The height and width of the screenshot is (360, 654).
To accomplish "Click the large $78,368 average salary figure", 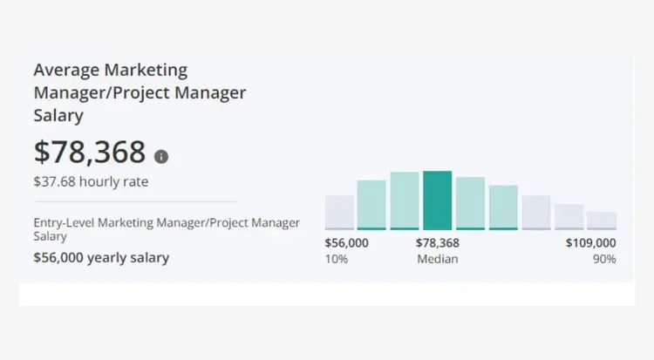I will (89, 152).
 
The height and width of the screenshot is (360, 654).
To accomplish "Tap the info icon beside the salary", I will (161, 157).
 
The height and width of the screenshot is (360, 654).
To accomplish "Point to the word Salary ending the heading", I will (58, 114).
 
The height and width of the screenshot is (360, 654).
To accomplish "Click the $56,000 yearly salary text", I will (101, 257).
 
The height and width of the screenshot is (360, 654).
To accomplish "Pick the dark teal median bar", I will (437, 200).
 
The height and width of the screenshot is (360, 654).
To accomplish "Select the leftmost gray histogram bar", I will (339, 213).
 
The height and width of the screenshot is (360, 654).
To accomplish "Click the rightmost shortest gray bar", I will (602, 221).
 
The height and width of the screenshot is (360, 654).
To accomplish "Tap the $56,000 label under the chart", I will (347, 243).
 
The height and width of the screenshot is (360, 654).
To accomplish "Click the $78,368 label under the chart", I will (438, 243).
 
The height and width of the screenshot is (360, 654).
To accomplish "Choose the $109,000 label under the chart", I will (590, 243).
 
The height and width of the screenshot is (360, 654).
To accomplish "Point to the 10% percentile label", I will (336, 259).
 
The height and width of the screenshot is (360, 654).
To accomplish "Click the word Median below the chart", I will (438, 259).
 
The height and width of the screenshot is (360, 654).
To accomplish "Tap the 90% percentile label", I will (603, 259).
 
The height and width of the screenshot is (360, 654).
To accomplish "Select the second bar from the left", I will (371, 205).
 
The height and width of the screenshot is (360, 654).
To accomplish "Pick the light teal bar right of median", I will (470, 203).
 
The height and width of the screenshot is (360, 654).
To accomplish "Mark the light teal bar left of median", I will (405, 200).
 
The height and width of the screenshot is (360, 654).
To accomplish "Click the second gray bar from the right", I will (569, 217).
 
